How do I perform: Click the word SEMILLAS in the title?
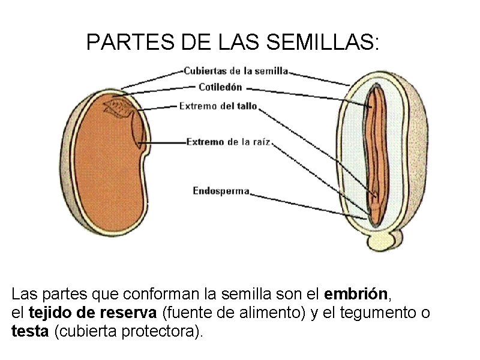[x=325, y=43]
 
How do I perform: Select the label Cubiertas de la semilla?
[x=236, y=71]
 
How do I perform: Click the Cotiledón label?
[x=220, y=87]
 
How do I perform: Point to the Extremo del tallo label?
[x=218, y=106]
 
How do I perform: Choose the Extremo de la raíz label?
[x=229, y=142]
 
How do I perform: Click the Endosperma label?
[x=221, y=191]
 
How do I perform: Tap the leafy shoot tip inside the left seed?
[x=119, y=109]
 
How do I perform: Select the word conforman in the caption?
[x=161, y=295]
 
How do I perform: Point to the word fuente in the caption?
[x=193, y=313]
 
